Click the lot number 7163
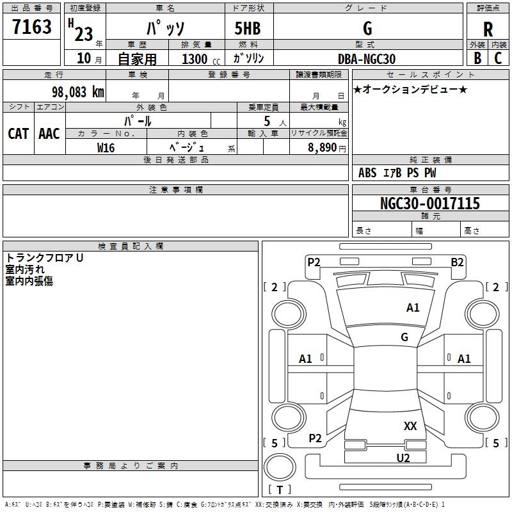[31, 27]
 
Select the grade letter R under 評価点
[488, 29]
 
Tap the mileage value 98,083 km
[77, 92]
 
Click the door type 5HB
[248, 28]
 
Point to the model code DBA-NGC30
[366, 59]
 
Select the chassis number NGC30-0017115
[429, 203]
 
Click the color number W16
[106, 148]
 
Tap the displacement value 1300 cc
[201, 59]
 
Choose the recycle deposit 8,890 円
[327, 148]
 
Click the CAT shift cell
[19, 134]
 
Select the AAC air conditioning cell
[49, 134]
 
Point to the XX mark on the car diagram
[410, 426]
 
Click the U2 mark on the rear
[403, 458]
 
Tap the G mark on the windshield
[404, 337]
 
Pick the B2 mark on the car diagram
[457, 262]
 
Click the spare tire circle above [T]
[280, 467]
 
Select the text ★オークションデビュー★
[410, 89]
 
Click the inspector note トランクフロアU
[44, 258]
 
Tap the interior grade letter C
[498, 58]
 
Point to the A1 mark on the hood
[413, 308]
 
